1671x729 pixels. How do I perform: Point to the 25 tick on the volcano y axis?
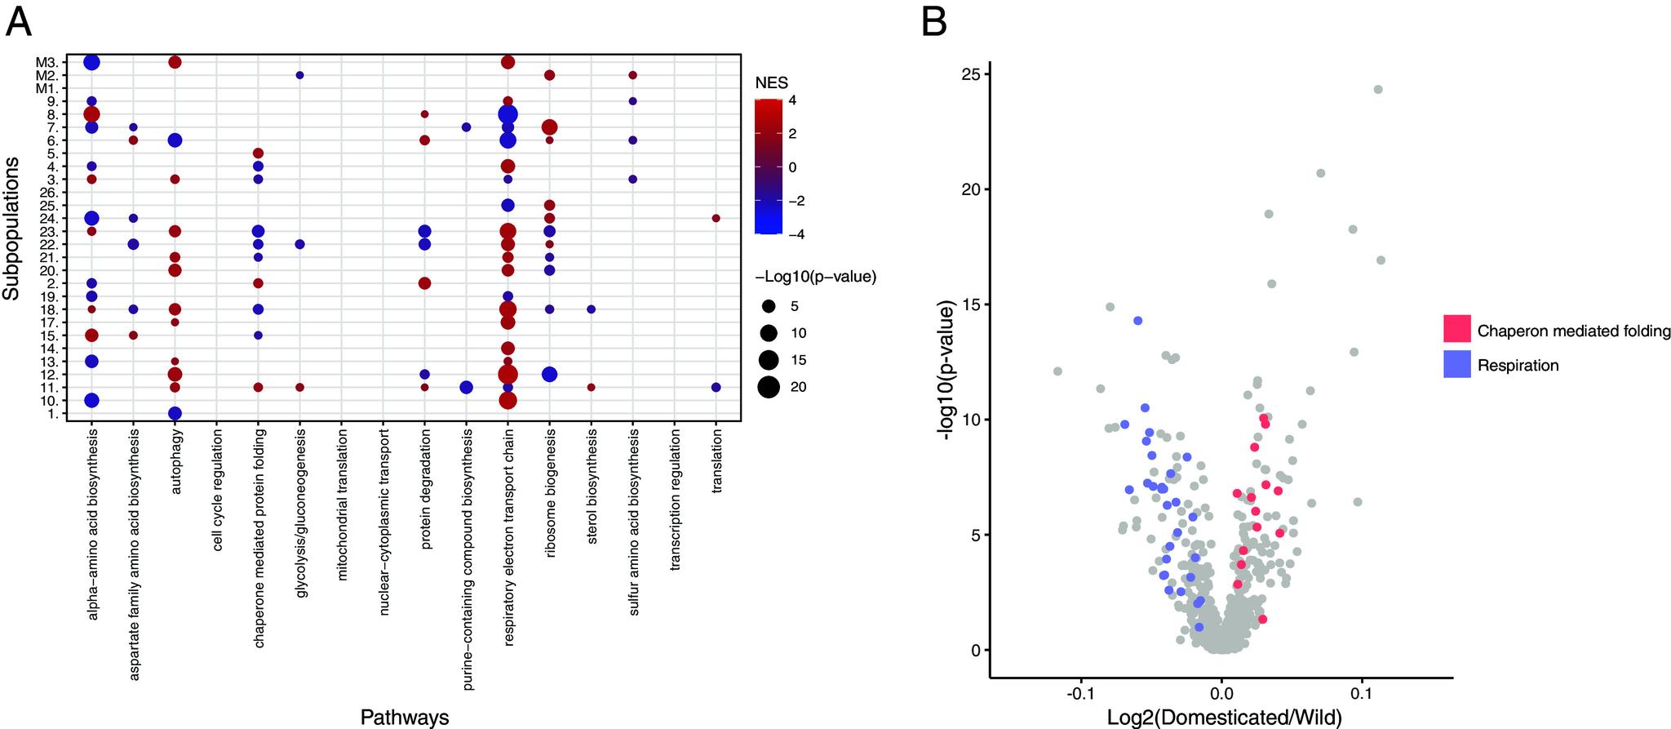pyautogui.click(x=971, y=74)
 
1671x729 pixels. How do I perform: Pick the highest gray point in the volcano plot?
pyautogui.click(x=1378, y=90)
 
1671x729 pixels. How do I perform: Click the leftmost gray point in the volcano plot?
pyautogui.click(x=1057, y=371)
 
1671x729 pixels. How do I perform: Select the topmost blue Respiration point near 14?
pyautogui.click(x=1137, y=321)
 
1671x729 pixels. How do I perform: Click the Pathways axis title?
pyautogui.click(x=405, y=718)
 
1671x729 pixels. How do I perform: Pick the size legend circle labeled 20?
pyautogui.click(x=768, y=387)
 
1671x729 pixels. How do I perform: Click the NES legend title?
pyautogui.click(x=772, y=82)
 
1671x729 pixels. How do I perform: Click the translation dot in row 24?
pyautogui.click(x=716, y=218)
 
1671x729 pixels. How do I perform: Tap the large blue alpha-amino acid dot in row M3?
pyautogui.click(x=91, y=63)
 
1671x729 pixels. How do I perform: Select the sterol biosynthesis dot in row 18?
pyautogui.click(x=591, y=309)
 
